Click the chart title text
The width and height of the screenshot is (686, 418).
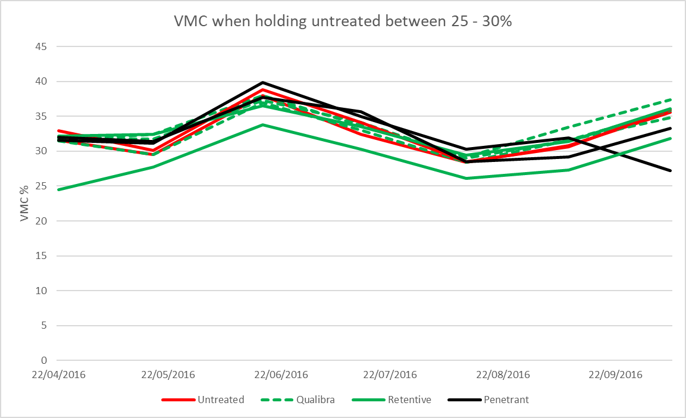coord(342,21)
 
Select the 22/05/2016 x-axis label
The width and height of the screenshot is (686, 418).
coord(168,376)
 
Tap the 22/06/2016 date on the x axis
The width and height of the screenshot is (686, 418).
coord(280,376)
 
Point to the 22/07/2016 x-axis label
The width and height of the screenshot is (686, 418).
coord(390,376)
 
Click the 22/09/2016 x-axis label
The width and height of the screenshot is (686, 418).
coord(615,376)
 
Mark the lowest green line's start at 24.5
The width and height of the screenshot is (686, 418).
coord(58,189)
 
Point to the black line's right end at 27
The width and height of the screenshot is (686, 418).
coord(671,171)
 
